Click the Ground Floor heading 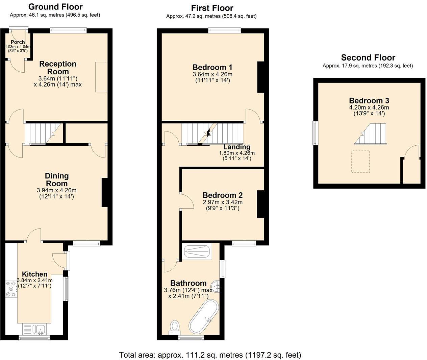[55, 7]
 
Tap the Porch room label [18, 42]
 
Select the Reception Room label [58, 68]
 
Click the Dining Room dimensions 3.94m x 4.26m [56, 190]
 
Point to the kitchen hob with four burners [11, 289]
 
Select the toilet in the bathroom [175, 327]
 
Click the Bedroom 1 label [212, 67]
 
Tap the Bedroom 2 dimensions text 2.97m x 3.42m [222, 202]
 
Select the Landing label [237, 147]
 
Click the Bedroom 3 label [369, 100]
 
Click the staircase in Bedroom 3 [372, 134]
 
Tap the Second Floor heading [368, 57]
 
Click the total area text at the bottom [210, 355]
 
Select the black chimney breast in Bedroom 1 [260, 77]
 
